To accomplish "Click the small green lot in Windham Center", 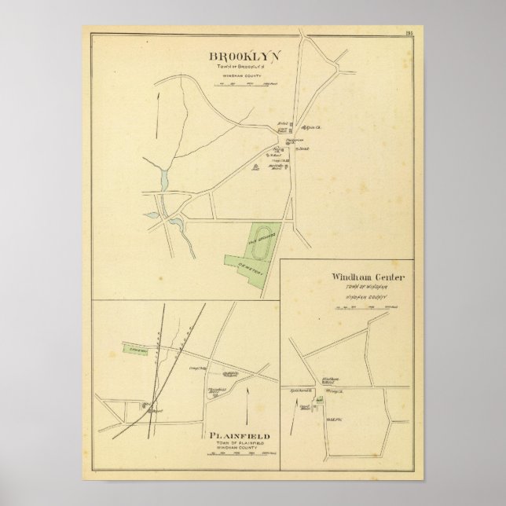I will tap(320, 402).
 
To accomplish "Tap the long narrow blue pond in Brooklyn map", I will tap(164, 178).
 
